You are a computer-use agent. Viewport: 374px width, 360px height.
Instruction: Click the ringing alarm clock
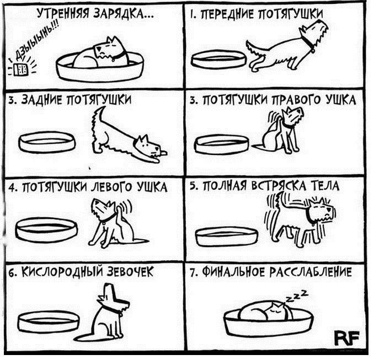click(x=21, y=69)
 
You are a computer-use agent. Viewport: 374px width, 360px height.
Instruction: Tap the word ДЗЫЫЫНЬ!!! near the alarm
click(x=36, y=42)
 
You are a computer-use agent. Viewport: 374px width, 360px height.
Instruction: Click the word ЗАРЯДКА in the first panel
click(x=122, y=14)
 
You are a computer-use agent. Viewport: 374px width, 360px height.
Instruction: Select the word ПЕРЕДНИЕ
click(x=223, y=15)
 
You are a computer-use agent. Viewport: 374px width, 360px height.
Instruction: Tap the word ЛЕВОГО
click(x=111, y=187)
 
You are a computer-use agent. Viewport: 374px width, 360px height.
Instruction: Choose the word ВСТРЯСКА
click(x=279, y=186)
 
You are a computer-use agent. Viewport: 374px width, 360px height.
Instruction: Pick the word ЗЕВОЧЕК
click(x=130, y=272)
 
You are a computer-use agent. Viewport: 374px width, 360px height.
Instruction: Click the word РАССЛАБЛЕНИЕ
click(x=311, y=272)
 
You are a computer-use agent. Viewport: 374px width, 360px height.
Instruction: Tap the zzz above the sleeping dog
click(x=297, y=296)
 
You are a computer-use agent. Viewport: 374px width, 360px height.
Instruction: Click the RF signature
click(x=346, y=338)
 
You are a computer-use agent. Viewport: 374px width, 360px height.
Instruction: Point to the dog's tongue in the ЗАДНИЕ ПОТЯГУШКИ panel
click(x=164, y=153)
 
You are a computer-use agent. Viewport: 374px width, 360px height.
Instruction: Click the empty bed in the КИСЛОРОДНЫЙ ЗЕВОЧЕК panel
click(x=49, y=322)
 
